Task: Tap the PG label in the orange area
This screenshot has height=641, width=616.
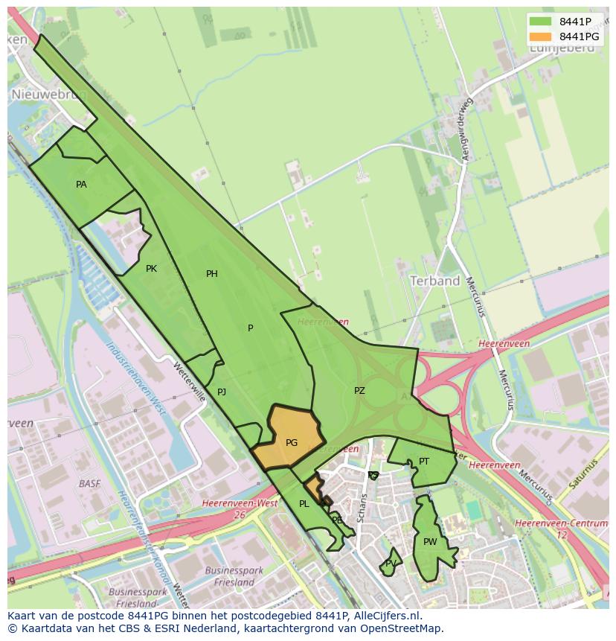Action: tap(292, 442)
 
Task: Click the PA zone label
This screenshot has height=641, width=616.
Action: tap(81, 184)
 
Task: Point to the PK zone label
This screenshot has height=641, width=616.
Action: tap(151, 269)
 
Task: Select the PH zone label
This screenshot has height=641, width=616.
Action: tap(212, 274)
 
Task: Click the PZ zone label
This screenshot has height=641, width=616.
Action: tap(359, 390)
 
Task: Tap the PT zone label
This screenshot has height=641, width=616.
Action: tap(424, 462)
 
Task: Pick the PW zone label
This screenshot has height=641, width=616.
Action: tap(430, 542)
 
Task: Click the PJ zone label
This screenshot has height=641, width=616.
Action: tap(222, 392)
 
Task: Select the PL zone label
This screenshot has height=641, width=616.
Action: tap(304, 504)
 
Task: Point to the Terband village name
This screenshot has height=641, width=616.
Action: tap(435, 281)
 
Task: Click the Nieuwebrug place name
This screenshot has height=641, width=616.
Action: tap(49, 95)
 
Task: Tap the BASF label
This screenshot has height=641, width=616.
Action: tap(89, 483)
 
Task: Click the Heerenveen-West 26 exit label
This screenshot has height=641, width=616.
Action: tap(240, 508)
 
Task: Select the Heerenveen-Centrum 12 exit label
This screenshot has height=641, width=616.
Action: tap(561, 529)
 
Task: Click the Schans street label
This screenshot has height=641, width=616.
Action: tap(362, 508)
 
